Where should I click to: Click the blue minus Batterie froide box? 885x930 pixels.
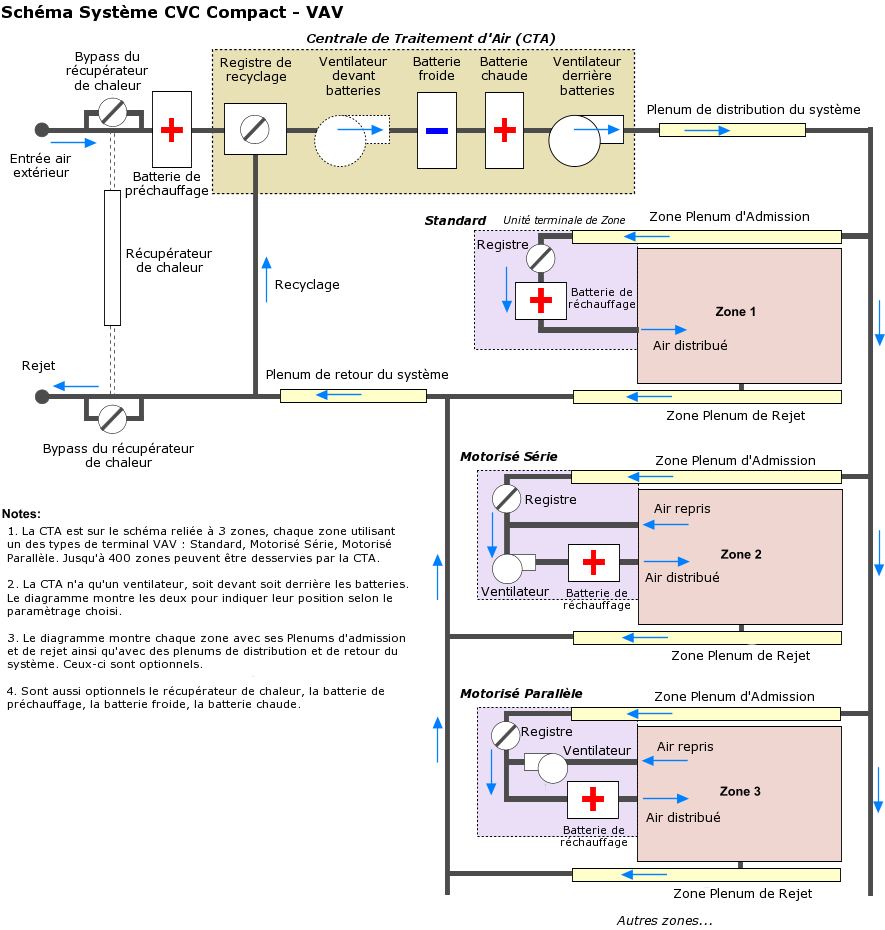(x=437, y=130)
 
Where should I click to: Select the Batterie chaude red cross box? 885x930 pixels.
(x=505, y=130)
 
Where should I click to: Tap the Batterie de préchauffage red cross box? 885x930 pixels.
(x=172, y=130)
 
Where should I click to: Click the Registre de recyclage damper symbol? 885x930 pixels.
(x=255, y=129)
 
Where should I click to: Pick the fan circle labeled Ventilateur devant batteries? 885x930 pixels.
(x=341, y=140)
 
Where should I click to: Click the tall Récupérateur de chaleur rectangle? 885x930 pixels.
(x=112, y=258)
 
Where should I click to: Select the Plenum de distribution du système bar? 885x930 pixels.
(x=732, y=130)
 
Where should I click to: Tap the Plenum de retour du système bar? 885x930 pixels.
(x=353, y=396)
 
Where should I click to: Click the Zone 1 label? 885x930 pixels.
(x=736, y=312)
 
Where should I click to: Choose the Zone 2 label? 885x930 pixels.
(x=741, y=554)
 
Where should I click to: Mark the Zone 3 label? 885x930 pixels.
(x=740, y=791)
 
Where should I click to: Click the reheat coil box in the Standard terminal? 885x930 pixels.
(x=540, y=300)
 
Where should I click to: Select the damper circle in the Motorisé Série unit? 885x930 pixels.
(x=507, y=498)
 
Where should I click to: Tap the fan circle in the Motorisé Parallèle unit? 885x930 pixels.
(x=552, y=768)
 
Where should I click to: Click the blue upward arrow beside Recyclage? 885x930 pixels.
(x=266, y=278)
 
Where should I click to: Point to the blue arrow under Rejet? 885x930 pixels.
(x=76, y=386)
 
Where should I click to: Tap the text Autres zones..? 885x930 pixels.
(x=664, y=920)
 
